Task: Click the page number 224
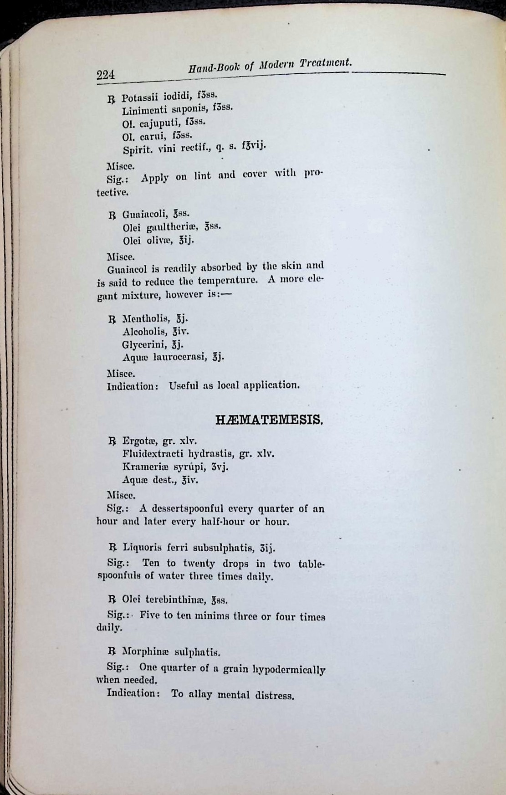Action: point(105,75)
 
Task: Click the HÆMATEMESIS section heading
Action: point(269,419)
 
